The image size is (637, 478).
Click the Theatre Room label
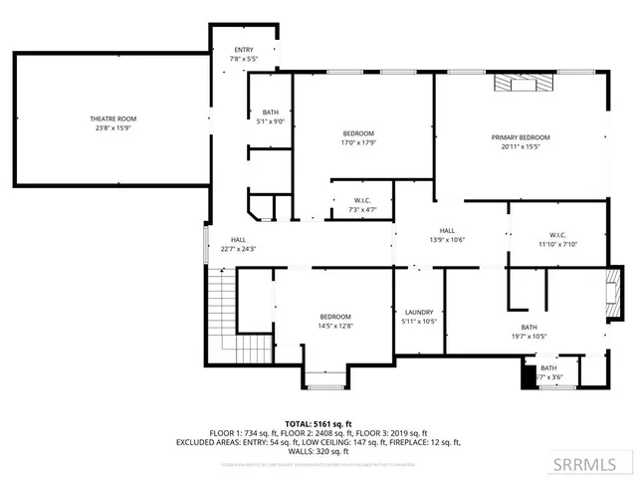click(x=112, y=119)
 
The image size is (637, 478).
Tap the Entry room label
click(x=244, y=50)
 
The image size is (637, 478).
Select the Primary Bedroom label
click(x=520, y=137)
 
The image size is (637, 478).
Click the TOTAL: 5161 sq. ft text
click(x=318, y=423)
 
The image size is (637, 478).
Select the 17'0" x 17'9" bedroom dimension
click(x=359, y=142)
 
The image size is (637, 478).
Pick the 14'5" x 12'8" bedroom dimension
click(x=335, y=326)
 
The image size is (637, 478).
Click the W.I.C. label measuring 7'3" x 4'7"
click(x=362, y=200)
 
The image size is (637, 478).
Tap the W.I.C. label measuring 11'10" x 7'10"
click(x=557, y=235)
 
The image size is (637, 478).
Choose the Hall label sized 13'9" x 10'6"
click(x=447, y=231)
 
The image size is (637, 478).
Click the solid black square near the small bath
click(x=529, y=376)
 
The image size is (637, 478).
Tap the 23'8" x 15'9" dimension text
click(x=112, y=127)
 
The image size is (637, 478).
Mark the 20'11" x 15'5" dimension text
click(x=520, y=146)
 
